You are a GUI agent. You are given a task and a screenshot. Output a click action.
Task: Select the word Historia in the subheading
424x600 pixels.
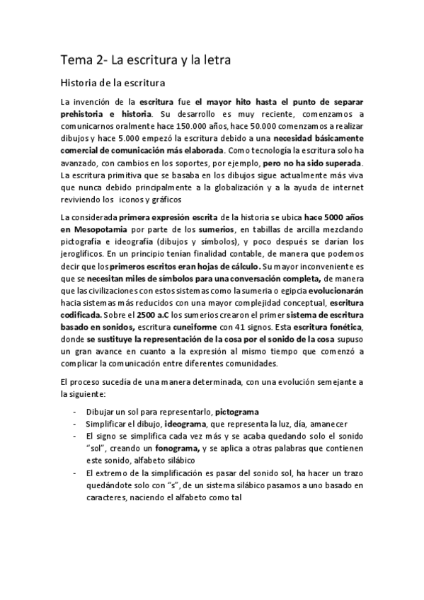pos(81,83)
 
